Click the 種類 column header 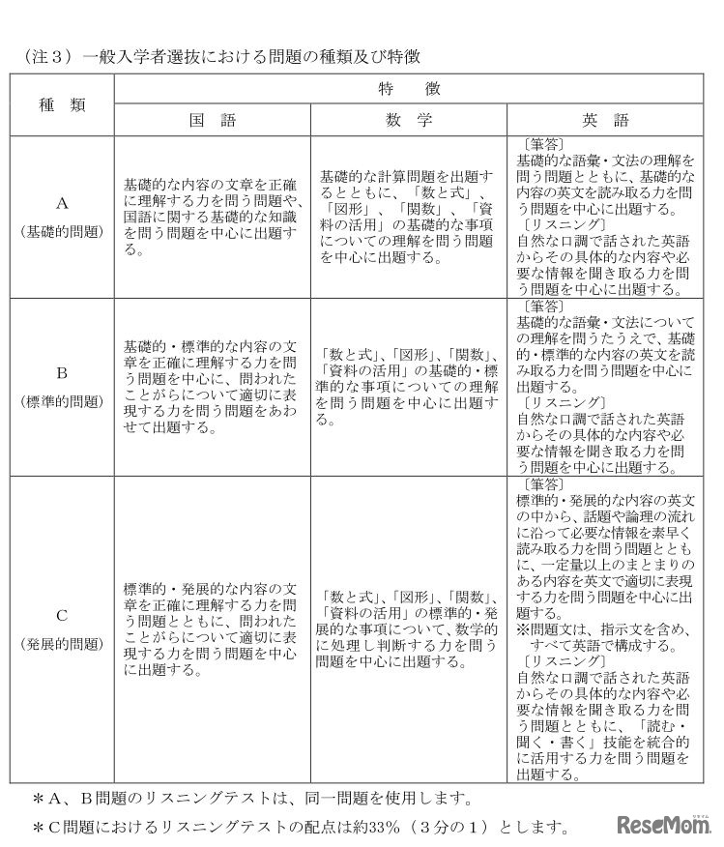(62, 104)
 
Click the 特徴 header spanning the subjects (417, 88)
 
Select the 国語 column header (212, 120)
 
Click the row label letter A (62, 203)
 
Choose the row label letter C (62, 614)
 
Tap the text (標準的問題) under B (62, 399)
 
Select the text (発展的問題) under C (62, 643)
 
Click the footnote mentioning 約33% (301, 828)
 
